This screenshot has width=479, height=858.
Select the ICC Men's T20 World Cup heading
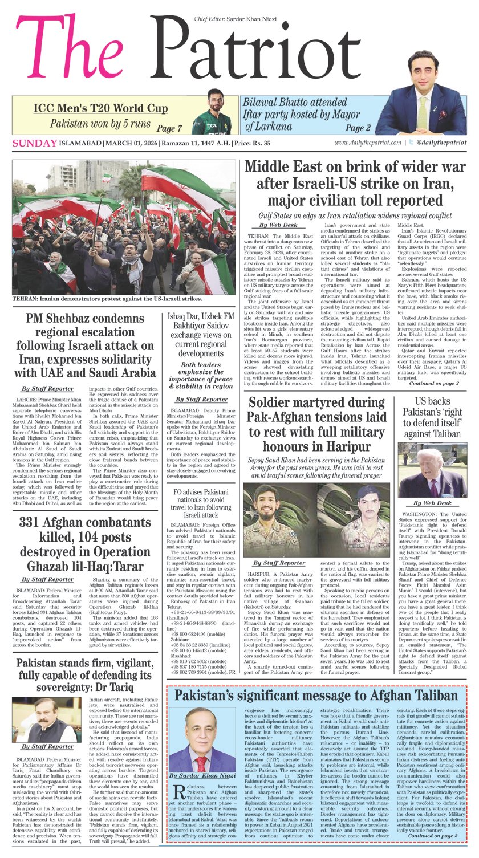point(100,108)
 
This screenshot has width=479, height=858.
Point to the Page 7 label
point(169,128)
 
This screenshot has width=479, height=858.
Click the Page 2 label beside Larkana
point(358,128)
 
